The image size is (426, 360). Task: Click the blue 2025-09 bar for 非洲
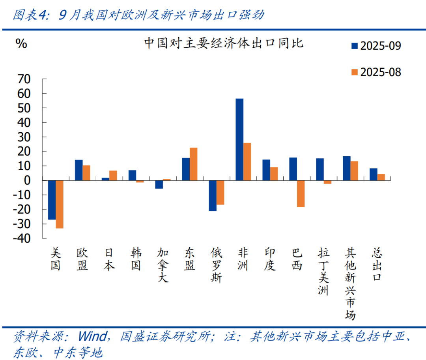[x=239, y=139]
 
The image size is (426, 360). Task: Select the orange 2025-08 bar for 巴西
[x=301, y=193]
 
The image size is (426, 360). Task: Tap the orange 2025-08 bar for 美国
[x=60, y=204]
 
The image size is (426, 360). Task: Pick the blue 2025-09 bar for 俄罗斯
[x=213, y=195]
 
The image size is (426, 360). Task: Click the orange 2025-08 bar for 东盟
[x=193, y=164]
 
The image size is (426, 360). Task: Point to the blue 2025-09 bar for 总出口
[x=373, y=174]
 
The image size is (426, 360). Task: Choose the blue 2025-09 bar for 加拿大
[x=159, y=184]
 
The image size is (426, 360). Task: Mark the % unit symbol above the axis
[x=21, y=43]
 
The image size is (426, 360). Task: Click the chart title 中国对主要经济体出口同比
[x=223, y=43]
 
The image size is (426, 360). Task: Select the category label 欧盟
[x=82, y=259]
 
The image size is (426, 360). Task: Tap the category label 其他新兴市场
[x=350, y=284]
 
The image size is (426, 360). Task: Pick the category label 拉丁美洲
[x=323, y=272]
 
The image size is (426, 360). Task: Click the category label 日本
[x=109, y=259]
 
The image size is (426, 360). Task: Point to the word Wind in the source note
[x=92, y=336]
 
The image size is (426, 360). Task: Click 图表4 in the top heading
[x=30, y=15]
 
